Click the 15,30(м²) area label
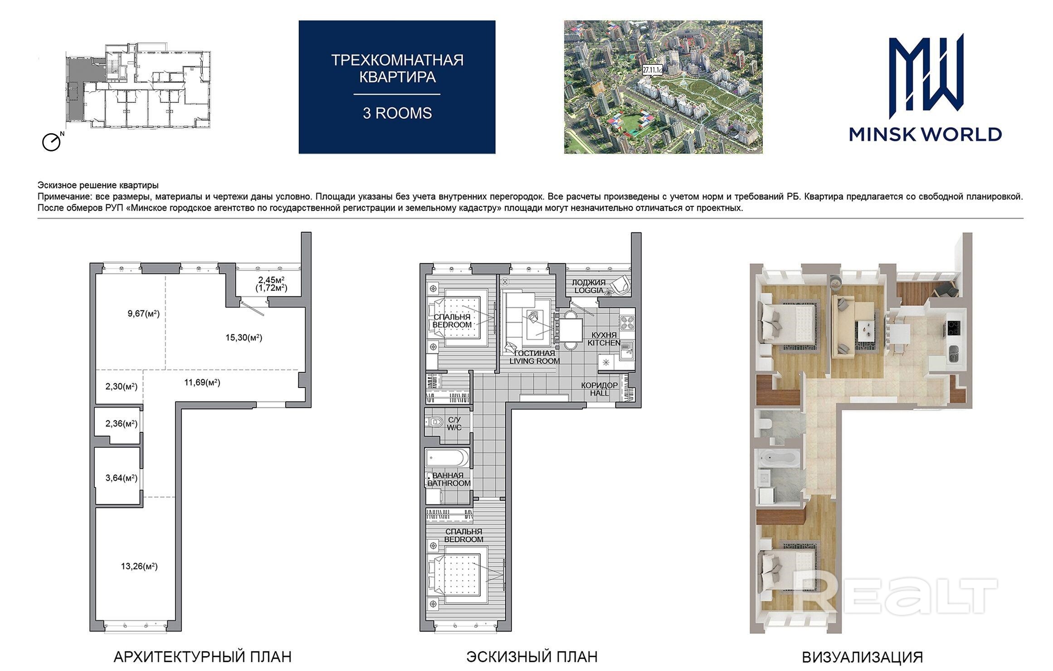(244, 337)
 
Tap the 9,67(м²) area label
(143, 313)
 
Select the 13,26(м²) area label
(139, 566)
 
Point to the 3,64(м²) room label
(121, 477)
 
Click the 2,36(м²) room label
(121, 423)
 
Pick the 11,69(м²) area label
(202, 382)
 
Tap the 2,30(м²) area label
(121, 386)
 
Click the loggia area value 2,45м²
(271, 279)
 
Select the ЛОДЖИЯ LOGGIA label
(589, 287)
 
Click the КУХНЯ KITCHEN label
(604, 339)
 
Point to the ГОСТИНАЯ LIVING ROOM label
(534, 357)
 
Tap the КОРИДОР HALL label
(600, 389)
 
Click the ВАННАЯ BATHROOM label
(449, 479)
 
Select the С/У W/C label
(454, 423)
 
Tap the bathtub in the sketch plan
(448, 458)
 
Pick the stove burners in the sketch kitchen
(627, 322)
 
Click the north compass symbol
(51, 142)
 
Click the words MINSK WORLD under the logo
(925, 134)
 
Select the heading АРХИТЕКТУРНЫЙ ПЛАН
(202, 656)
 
